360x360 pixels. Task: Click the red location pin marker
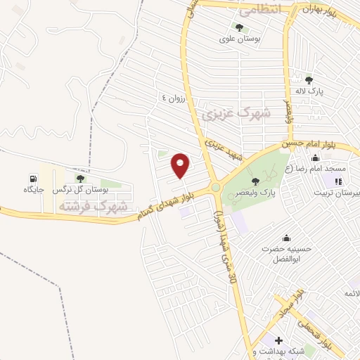pos(181,165)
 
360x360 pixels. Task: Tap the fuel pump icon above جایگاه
pos(33,178)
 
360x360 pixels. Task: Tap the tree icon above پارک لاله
pos(308,80)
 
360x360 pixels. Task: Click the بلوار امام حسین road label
pos(310,143)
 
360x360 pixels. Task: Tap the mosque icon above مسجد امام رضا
pos(314,158)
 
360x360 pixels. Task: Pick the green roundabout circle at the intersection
pos(215,188)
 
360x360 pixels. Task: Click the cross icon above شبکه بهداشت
pos(279,340)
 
